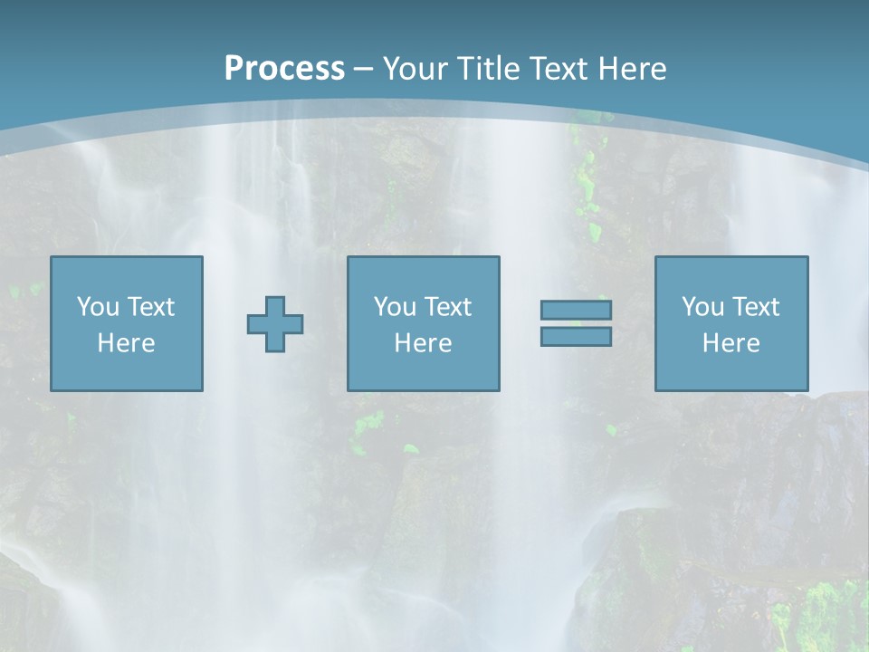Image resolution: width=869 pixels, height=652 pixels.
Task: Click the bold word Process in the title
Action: click(x=284, y=69)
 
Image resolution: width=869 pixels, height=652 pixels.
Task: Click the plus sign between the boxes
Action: click(x=275, y=324)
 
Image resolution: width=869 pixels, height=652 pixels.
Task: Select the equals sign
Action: click(x=576, y=323)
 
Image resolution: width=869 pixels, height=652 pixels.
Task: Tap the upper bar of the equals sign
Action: click(x=576, y=311)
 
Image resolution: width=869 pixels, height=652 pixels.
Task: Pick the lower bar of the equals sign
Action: click(x=576, y=336)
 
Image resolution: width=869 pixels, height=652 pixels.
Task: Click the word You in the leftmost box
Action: click(x=97, y=307)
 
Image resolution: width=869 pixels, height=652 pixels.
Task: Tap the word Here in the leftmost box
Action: click(x=127, y=343)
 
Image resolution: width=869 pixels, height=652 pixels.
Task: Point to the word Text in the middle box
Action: click(x=447, y=307)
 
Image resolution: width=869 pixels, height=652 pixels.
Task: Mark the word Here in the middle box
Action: click(x=424, y=343)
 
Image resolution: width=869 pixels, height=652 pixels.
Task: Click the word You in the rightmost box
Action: click(x=702, y=307)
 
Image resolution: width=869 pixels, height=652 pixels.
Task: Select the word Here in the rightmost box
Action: click(x=731, y=343)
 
